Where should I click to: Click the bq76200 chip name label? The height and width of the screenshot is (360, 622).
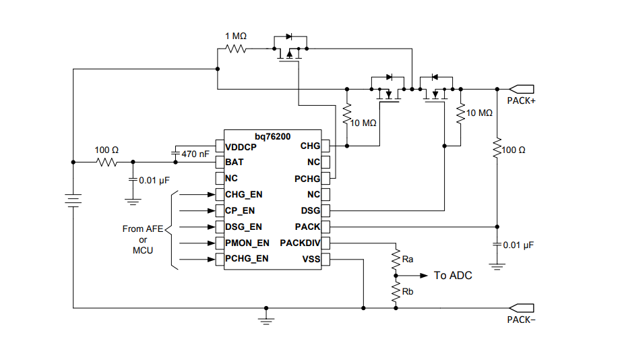(x=273, y=137)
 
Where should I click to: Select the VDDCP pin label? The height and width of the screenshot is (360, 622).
(x=241, y=146)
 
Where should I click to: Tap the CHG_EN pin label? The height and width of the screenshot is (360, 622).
(x=244, y=195)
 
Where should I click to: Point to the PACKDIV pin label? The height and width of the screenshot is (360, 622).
(x=300, y=243)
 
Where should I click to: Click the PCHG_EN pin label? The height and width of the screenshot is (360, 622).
(x=247, y=259)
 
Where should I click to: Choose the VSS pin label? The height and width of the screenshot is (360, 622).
(x=311, y=259)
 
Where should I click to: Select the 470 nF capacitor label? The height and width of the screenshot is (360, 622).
(x=195, y=154)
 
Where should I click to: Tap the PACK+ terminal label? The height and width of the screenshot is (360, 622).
(x=521, y=101)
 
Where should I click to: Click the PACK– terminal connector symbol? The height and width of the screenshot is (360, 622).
(x=522, y=308)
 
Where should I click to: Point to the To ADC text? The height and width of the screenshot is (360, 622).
(x=452, y=276)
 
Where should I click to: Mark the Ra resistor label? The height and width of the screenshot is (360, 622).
(x=407, y=259)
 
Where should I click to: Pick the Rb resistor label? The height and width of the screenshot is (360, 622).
(x=407, y=291)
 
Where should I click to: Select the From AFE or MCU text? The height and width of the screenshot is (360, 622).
(x=142, y=239)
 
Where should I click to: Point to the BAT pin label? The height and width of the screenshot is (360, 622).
(x=235, y=162)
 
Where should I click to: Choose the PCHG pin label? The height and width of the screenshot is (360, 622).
(x=307, y=179)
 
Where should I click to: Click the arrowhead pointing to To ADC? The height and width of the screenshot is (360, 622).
(x=424, y=276)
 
